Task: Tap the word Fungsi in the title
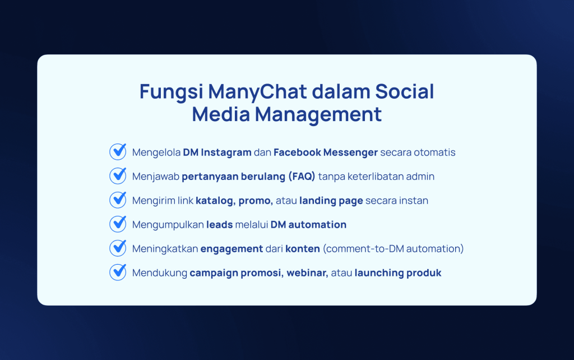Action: point(171,92)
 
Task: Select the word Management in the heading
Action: point(318,114)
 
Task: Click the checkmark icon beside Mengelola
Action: point(118,151)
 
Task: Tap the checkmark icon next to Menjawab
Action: point(118,176)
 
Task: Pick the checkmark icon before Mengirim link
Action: point(118,200)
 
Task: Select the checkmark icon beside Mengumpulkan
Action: point(118,224)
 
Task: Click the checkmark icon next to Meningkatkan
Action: point(118,248)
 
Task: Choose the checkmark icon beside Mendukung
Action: point(118,273)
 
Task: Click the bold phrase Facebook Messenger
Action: point(326,153)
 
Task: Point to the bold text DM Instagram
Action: point(217,153)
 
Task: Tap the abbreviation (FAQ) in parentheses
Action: point(302,177)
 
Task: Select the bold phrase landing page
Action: point(331,201)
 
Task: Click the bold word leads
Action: point(220,224)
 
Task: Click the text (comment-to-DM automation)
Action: point(393,249)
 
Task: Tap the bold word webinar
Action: point(307,273)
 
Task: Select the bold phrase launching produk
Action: point(398,273)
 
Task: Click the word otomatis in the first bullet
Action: point(434,153)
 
